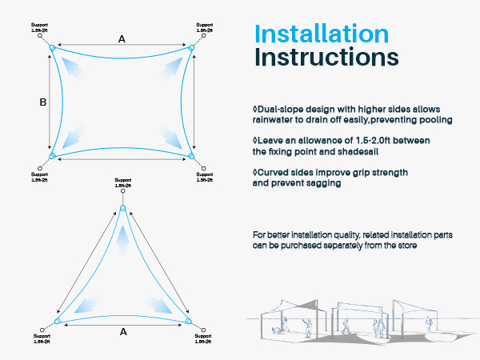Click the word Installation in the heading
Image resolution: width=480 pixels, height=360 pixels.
click(x=321, y=34)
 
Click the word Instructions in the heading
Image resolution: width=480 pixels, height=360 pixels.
click(x=326, y=58)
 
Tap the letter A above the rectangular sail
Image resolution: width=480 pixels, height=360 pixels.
click(x=122, y=38)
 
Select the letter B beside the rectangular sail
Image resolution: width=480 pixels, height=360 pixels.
click(x=43, y=102)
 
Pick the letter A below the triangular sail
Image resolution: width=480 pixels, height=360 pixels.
click(x=122, y=330)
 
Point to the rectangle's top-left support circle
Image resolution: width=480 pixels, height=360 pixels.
click(x=40, y=35)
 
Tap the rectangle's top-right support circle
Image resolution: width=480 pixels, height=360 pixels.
click(x=204, y=35)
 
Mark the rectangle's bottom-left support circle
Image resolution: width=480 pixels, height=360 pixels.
click(x=40, y=169)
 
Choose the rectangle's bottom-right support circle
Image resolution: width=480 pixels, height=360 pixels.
click(x=204, y=169)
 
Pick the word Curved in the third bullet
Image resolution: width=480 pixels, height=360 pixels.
click(x=271, y=172)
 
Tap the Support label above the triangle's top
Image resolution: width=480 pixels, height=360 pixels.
click(x=122, y=180)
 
